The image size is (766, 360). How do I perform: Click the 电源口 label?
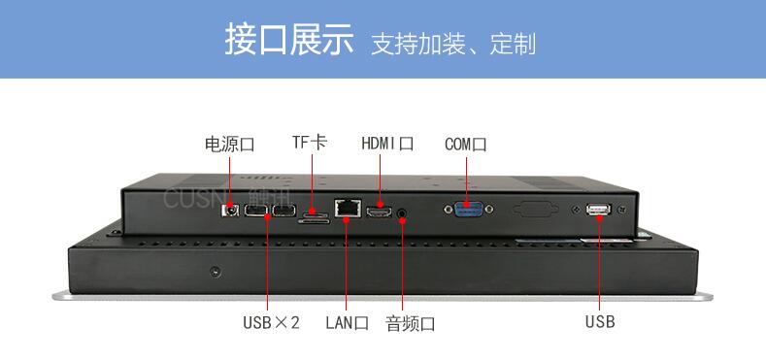pyautogui.click(x=229, y=145)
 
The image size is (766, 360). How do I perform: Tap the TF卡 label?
pyautogui.click(x=310, y=142)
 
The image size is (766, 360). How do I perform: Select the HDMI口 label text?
pyautogui.click(x=388, y=144)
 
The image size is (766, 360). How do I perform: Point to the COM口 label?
pyautogui.click(x=466, y=145)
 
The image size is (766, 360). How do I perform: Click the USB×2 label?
pyautogui.click(x=271, y=322)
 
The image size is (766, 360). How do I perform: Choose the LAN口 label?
pyautogui.click(x=348, y=323)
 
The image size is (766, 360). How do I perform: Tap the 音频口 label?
pyautogui.click(x=411, y=323)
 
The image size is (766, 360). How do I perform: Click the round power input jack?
pyautogui.click(x=231, y=211)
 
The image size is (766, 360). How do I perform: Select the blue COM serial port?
pyautogui.click(x=468, y=209)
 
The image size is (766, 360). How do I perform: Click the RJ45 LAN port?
pyautogui.click(x=348, y=208)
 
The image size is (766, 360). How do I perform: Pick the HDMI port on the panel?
pyautogui.click(x=379, y=212)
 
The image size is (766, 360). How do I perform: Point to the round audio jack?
pyautogui.click(x=403, y=213)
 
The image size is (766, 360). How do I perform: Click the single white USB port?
pyautogui.click(x=598, y=209)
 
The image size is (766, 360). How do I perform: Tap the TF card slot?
pyautogui.click(x=315, y=217)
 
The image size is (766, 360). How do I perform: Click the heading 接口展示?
pyautogui.click(x=289, y=40)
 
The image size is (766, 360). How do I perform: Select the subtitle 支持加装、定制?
pyautogui.click(x=453, y=44)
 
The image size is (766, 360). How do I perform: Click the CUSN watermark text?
pyautogui.click(x=193, y=199)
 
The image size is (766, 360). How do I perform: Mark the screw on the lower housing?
pyautogui.click(x=215, y=272)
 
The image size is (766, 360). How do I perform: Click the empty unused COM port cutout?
pyautogui.click(x=535, y=209)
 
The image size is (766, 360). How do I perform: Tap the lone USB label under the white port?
pyautogui.click(x=600, y=322)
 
